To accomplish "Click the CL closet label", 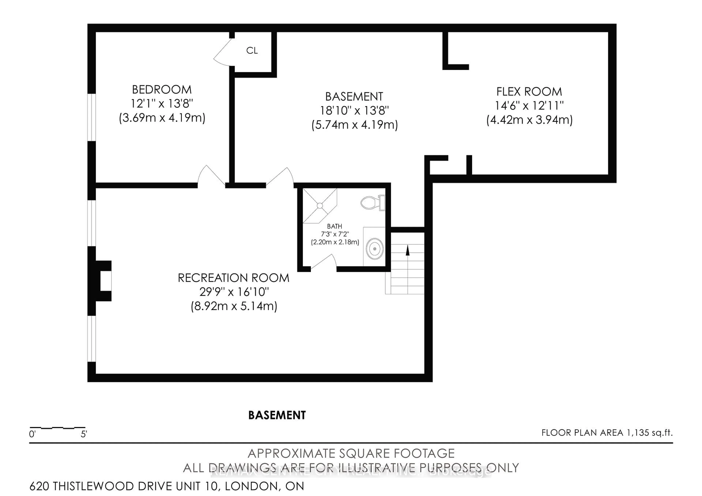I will (252, 50).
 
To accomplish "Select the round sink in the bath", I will (375, 249).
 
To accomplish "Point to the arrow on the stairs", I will (407, 251).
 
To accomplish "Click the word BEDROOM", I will (162, 90).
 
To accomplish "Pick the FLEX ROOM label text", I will (529, 91).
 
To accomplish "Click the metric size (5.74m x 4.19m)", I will (354, 125).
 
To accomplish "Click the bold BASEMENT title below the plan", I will (277, 415).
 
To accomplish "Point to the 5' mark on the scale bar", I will (84, 434).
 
